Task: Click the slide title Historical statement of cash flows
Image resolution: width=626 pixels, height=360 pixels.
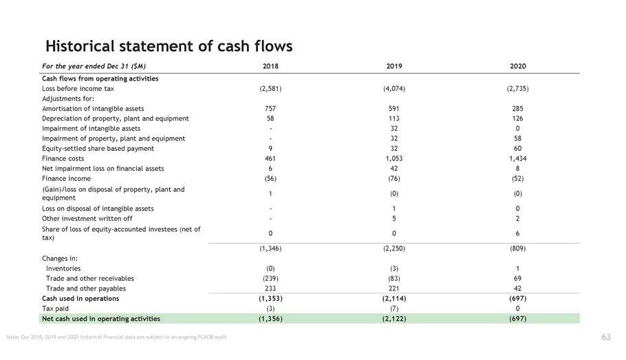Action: pos(169,46)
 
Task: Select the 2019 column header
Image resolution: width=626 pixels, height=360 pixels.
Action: pos(393,66)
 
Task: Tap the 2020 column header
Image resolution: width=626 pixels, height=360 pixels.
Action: pos(517,66)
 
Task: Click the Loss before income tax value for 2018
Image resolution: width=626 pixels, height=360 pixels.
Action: pos(270,89)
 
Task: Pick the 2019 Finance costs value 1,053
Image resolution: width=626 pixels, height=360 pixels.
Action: pos(393,158)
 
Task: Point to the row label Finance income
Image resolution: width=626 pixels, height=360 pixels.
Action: pos(66,178)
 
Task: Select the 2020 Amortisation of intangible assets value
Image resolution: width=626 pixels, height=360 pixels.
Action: pos(517,109)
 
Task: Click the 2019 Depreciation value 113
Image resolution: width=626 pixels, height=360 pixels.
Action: pos(393,118)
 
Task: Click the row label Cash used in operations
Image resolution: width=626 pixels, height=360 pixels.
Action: pos(80,299)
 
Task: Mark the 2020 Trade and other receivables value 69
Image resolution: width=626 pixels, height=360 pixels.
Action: pos(517,278)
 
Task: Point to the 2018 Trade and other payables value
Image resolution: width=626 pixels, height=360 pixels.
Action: pos(270,288)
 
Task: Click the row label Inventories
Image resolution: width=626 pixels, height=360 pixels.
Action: pos(63,268)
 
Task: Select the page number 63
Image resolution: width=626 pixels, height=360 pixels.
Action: pos(606,337)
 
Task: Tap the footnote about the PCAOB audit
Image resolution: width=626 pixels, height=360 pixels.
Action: pos(116,337)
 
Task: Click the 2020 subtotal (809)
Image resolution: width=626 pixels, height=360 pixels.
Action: pos(517,248)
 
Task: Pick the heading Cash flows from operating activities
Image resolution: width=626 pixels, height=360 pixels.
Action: pos(100,78)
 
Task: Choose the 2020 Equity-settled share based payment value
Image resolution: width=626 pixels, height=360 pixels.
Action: pos(517,149)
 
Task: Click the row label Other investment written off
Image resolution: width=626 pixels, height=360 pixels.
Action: pos(87,218)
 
